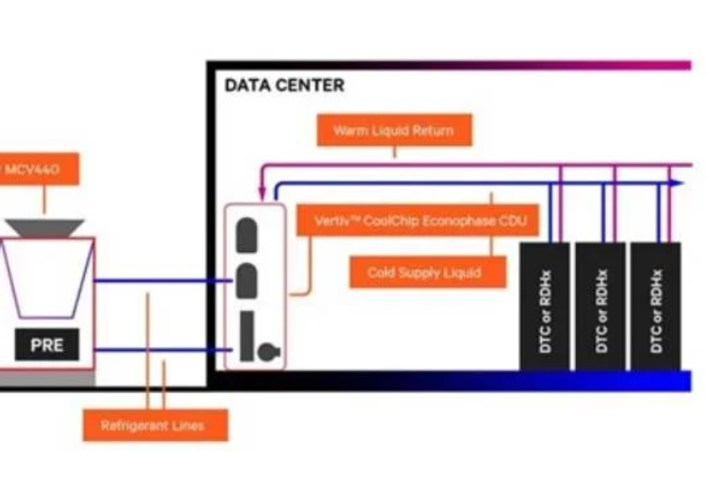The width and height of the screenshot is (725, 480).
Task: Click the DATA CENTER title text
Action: tap(284, 86)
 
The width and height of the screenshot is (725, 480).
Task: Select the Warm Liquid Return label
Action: tap(394, 131)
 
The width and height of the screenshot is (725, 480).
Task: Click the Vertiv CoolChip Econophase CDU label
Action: tap(417, 221)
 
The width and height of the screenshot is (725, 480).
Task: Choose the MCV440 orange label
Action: tap(37, 170)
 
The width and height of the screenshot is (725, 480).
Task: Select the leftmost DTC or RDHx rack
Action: tap(545, 306)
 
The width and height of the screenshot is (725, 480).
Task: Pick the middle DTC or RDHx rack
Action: tap(600, 306)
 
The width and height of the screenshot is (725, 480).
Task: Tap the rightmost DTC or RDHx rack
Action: tap(655, 306)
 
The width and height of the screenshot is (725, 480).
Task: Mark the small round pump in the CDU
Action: tap(266, 352)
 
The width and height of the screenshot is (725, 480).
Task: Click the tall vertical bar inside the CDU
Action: tap(246, 336)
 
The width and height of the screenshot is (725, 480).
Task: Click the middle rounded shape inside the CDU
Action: tap(246, 280)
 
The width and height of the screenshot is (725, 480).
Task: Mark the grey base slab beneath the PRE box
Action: tap(47, 378)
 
